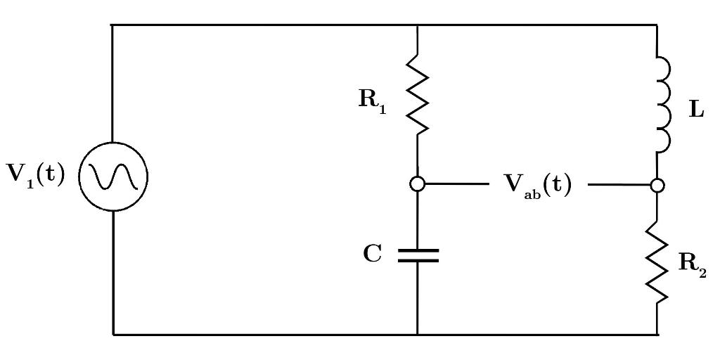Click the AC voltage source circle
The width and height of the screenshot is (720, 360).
pyautogui.click(x=112, y=177)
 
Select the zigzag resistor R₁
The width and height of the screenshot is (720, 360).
pyautogui.click(x=418, y=96)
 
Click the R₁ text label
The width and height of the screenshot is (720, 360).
pyautogui.click(x=372, y=99)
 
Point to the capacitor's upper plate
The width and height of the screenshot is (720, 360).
pyautogui.click(x=418, y=249)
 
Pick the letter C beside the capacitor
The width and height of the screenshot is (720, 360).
pyautogui.click(x=373, y=254)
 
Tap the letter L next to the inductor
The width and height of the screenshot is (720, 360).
pyautogui.click(x=696, y=110)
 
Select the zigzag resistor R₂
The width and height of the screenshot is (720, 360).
pyautogui.click(x=657, y=262)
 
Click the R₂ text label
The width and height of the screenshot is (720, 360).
pyautogui.click(x=692, y=264)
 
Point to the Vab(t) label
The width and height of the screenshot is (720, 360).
pyautogui.click(x=538, y=185)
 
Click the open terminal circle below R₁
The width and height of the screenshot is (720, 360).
pyautogui.click(x=418, y=184)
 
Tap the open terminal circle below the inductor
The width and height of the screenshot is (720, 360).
pyautogui.click(x=657, y=185)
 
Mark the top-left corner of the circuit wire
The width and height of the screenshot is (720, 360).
pyautogui.click(x=112, y=25)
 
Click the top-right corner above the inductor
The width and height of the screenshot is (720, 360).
pyautogui.click(x=657, y=25)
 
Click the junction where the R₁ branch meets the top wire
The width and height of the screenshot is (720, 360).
pyautogui.click(x=418, y=25)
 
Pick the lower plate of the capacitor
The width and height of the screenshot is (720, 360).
pyautogui.click(x=418, y=260)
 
